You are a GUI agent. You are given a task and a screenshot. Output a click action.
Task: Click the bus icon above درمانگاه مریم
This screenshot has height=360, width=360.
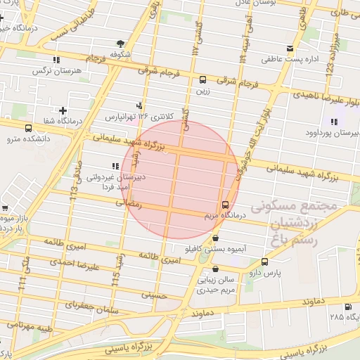pos(225,205)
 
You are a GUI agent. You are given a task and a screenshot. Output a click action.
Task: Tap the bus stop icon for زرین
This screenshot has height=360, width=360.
pos(203,79)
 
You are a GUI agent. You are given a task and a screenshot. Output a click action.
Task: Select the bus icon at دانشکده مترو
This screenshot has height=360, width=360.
pos(28,129)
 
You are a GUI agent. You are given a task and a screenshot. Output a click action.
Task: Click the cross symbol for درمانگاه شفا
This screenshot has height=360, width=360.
pos(63,110)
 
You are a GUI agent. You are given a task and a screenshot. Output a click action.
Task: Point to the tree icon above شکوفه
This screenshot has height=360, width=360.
pos(120,43)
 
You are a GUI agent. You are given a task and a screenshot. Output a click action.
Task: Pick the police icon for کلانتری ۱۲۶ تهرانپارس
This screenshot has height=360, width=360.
pos(148,106)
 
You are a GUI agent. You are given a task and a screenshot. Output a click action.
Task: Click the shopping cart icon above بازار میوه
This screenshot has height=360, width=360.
pos(5,209)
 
